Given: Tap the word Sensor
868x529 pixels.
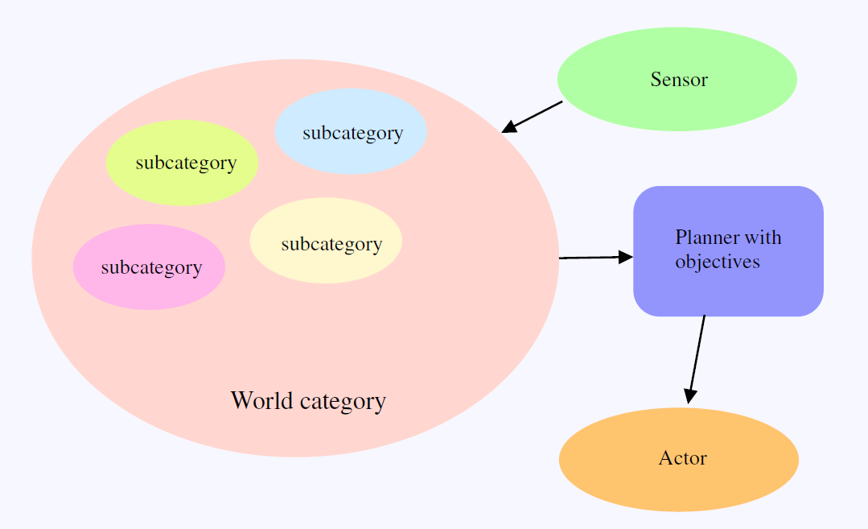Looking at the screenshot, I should (679, 80).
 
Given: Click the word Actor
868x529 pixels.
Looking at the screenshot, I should (682, 459).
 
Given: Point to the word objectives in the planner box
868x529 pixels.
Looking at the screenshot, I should (718, 262).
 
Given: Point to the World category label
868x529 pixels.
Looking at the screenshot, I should (308, 400).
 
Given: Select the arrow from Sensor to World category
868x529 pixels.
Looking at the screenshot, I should (535, 115).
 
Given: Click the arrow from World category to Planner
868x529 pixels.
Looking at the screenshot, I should (591, 258).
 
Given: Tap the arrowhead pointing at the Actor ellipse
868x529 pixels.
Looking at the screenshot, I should (690, 395).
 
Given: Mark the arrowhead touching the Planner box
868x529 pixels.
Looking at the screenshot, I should (626, 257).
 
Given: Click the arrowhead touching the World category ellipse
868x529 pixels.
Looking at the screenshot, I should (509, 127).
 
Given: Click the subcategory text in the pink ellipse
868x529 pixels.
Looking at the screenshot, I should (151, 267).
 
